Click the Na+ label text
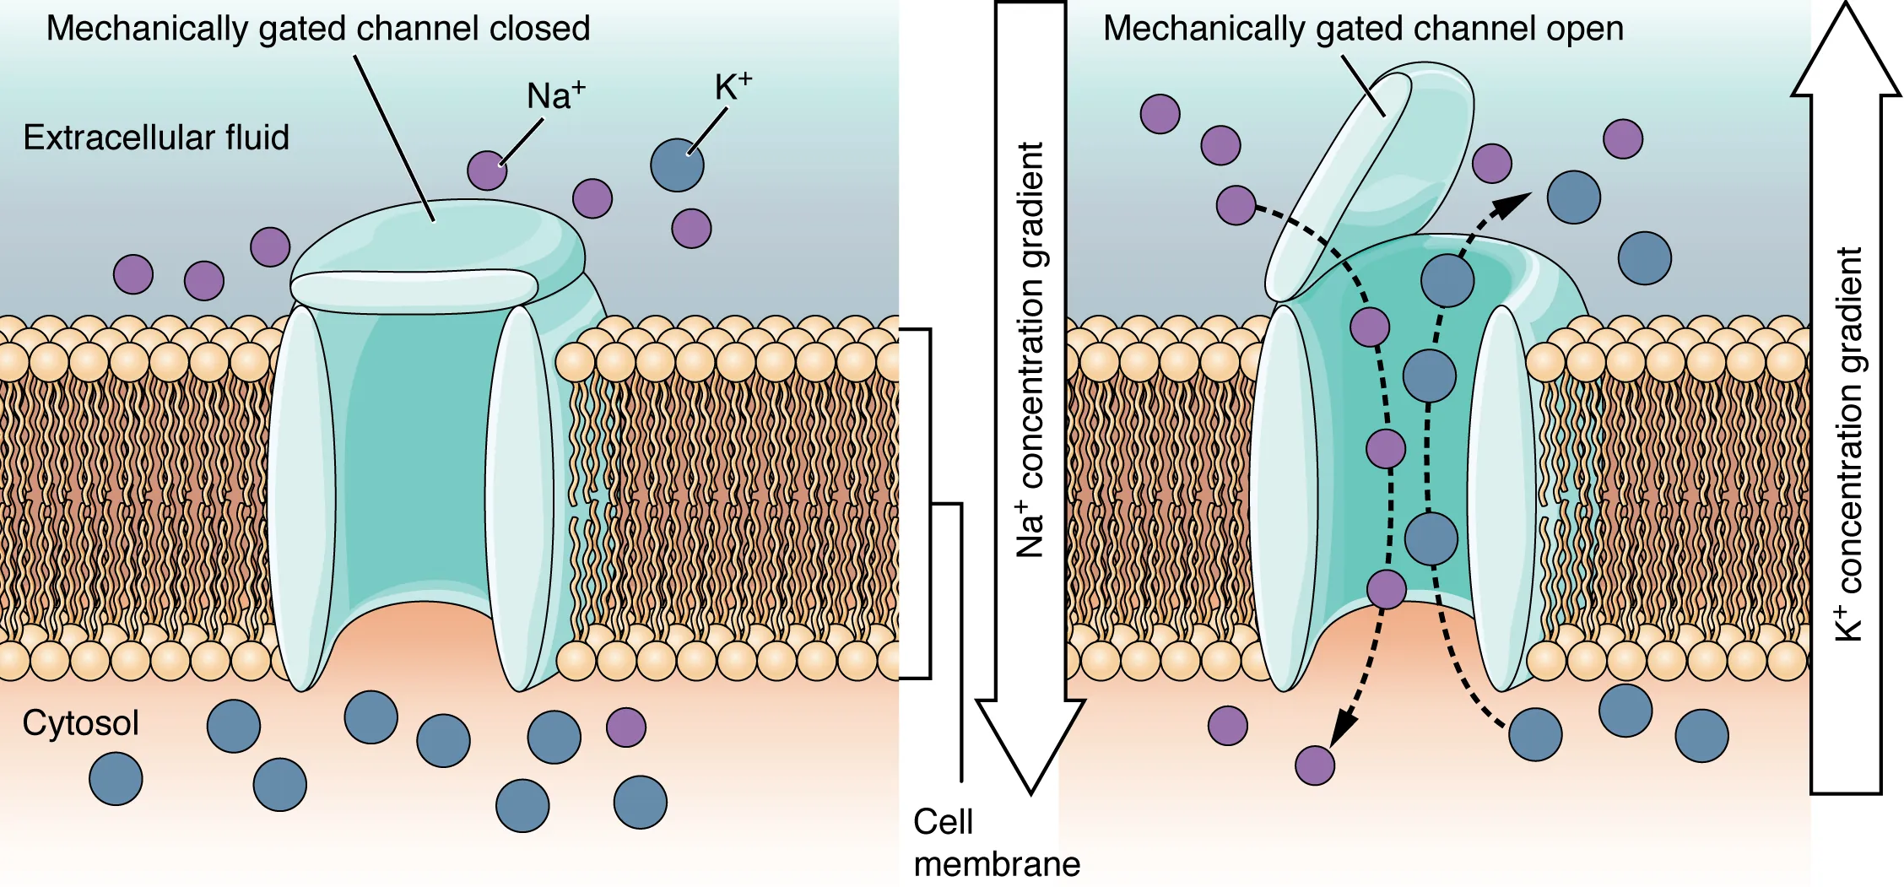(x=554, y=95)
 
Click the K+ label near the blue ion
(x=732, y=87)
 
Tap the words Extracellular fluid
(x=156, y=138)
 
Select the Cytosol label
(x=80, y=723)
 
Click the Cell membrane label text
(x=996, y=842)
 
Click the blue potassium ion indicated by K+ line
(x=677, y=165)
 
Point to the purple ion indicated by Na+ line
(x=487, y=170)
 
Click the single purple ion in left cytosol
(x=626, y=727)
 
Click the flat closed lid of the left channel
(x=414, y=287)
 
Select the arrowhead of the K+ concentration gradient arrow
(x=1846, y=55)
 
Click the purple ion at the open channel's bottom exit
(x=1386, y=589)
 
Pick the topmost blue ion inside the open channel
(x=1447, y=280)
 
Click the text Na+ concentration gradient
(x=1030, y=350)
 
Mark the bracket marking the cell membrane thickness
(x=929, y=504)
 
